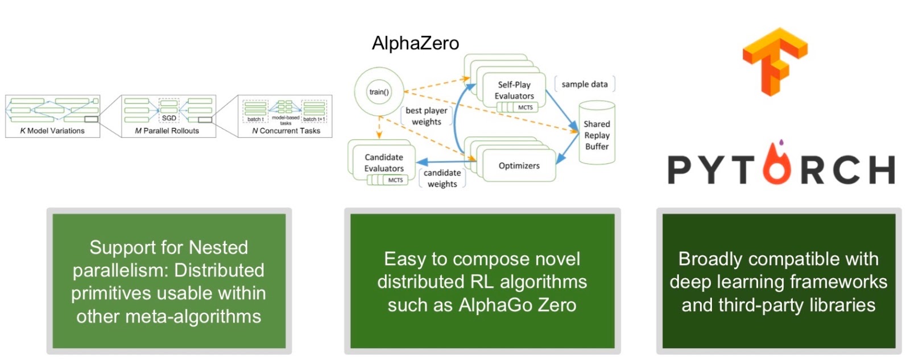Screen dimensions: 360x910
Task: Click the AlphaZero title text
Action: pyautogui.click(x=415, y=43)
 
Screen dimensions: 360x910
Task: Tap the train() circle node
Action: pyautogui.click(x=379, y=92)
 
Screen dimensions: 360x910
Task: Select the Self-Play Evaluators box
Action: pyautogui.click(x=514, y=90)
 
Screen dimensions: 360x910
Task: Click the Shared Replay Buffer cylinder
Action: pyautogui.click(x=597, y=135)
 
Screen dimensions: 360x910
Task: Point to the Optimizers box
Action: pyautogui.click(x=519, y=165)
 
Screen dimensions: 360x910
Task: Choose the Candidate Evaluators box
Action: pyautogui.click(x=384, y=162)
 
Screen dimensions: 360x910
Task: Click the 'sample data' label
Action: pyautogui.click(x=584, y=84)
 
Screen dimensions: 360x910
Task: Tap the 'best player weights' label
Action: pyautogui.click(x=427, y=116)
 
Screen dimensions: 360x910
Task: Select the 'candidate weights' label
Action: pyautogui.click(x=442, y=178)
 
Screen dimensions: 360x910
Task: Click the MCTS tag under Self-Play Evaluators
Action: pyautogui.click(x=525, y=107)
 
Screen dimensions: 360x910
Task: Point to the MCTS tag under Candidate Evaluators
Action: pyautogui.click(x=395, y=180)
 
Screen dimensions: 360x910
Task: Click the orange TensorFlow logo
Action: pyautogui.click(x=774, y=61)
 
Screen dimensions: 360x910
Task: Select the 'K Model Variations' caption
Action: pyautogui.click(x=52, y=131)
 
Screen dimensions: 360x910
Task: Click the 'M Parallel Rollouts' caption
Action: pyautogui.click(x=167, y=131)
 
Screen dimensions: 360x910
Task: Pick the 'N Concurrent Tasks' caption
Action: pyautogui.click(x=286, y=131)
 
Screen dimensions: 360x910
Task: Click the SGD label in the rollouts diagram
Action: pyautogui.click(x=169, y=118)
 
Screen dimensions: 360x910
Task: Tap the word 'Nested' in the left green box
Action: pyautogui.click(x=218, y=247)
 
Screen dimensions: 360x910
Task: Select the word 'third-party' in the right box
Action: pyautogui.click(x=761, y=305)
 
